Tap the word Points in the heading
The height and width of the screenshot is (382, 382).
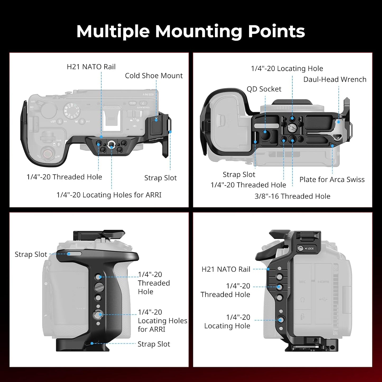click(x=276, y=31)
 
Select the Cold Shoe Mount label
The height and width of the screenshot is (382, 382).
click(x=154, y=76)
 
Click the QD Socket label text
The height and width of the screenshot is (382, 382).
click(x=264, y=89)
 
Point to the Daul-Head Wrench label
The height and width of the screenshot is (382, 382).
click(x=335, y=79)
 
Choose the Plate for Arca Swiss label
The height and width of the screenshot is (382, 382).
click(x=332, y=180)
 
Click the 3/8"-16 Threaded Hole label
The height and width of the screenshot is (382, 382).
click(x=292, y=196)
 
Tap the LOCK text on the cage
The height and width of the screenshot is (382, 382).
click(x=311, y=248)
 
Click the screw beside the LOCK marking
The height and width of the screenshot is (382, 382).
click(x=301, y=248)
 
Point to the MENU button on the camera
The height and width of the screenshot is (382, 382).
click(x=133, y=103)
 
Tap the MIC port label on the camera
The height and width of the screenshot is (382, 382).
click(x=302, y=282)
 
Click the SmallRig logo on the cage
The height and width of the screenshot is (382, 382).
click(x=156, y=139)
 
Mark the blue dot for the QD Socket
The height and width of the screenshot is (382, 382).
click(x=265, y=132)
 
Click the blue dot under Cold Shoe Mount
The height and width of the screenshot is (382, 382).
click(x=156, y=120)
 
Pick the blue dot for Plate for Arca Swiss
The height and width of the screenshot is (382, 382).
click(x=333, y=146)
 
